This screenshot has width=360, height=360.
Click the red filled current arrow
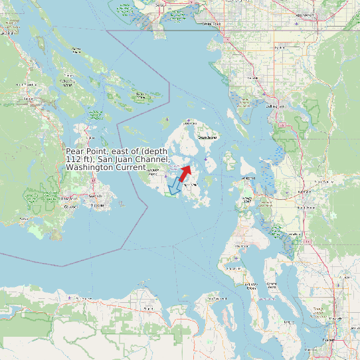(x=185, y=173)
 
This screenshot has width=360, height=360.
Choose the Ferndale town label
(x=252, y=78)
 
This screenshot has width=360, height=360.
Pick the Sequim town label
(x=148, y=308)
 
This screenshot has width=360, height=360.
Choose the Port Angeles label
(x=82, y=300)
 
